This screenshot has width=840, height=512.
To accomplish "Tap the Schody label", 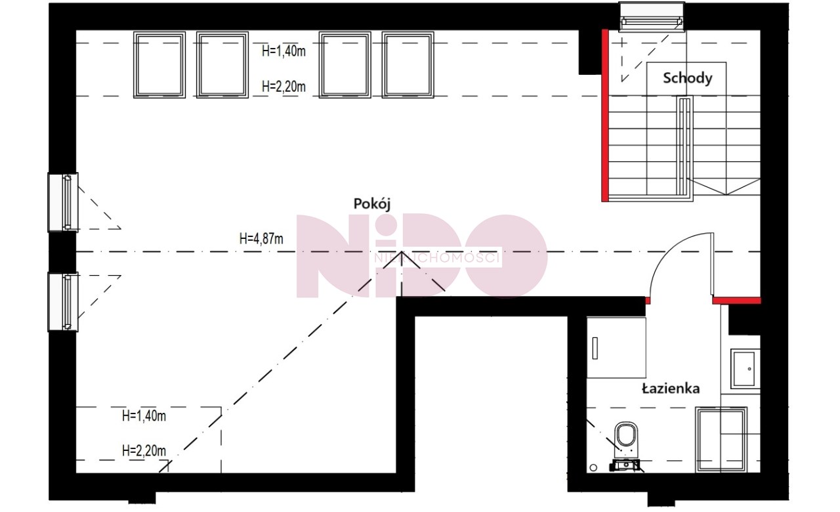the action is point(687,78).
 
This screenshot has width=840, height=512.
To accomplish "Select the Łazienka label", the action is point(671,388).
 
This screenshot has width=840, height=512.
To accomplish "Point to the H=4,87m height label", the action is point(261,238).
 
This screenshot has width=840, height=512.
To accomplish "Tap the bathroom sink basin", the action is point(744,369).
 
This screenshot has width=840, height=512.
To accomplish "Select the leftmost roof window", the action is point(159,65).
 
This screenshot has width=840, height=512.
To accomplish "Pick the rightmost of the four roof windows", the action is point(408,65).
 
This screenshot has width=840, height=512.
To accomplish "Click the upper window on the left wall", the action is point(63,202).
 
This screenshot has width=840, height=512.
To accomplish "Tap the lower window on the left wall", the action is point(63,302).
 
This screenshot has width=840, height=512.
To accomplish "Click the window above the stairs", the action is point(652,17).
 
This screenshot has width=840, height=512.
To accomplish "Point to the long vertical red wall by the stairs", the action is point(605,116).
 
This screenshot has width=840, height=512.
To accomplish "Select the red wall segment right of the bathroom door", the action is point(736,301).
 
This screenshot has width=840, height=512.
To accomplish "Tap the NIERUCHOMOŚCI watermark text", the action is point(437,258).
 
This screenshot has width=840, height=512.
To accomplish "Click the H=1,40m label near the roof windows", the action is point(284,51).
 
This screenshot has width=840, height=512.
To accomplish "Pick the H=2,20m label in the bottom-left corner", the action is point(144,450).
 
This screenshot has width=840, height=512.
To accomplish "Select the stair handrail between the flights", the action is point(684,146).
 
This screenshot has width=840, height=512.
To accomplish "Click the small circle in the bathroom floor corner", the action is point(593,467).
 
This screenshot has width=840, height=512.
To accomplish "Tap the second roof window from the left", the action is point(222,65).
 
